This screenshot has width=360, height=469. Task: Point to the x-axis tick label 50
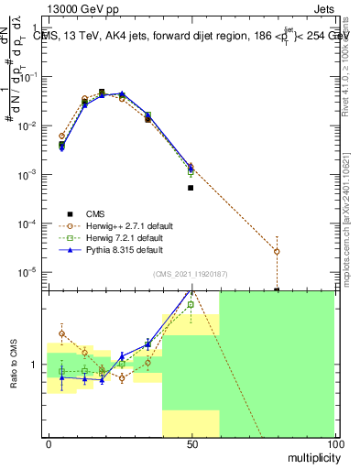click(191, 444)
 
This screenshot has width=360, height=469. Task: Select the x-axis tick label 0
click(49, 444)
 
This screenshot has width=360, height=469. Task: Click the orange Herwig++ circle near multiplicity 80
click(277, 251)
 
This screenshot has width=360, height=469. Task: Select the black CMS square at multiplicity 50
click(191, 188)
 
